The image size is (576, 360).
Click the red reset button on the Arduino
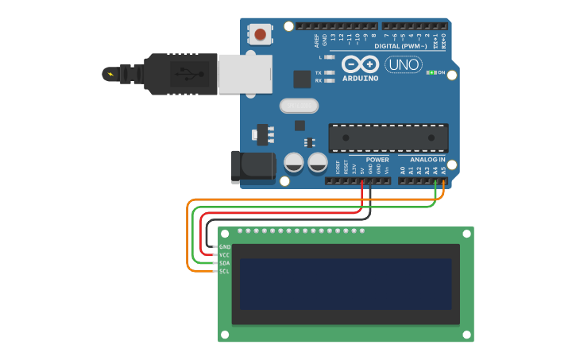(260, 34)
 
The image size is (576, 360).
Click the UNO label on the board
(404, 64)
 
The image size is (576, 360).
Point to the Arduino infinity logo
(361, 64)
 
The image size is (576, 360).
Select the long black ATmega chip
(389, 137)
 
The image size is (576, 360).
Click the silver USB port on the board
(245, 75)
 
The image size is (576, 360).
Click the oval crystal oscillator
(299, 105)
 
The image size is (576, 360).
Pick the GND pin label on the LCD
(224, 247)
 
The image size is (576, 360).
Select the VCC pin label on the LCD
(224, 255)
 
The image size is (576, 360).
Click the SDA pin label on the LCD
(224, 263)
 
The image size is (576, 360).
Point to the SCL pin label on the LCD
(224, 271)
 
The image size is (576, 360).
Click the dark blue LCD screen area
(345, 284)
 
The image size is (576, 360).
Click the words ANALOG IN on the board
(427, 160)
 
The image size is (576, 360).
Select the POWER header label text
(377, 160)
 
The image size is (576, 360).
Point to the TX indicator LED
(328, 72)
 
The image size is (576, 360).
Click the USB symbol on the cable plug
(185, 75)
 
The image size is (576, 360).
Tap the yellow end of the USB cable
(109, 75)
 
